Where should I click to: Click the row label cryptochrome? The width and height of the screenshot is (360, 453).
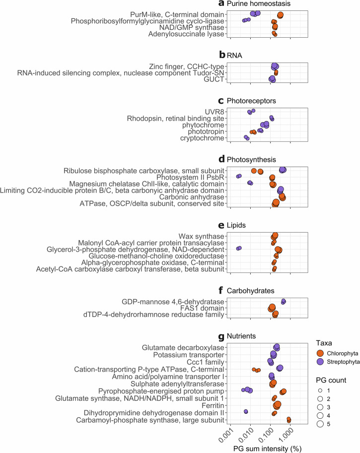click(201, 138)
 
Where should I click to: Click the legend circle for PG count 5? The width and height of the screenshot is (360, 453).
click(320, 423)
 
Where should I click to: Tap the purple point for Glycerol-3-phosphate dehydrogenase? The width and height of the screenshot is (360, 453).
click(239, 248)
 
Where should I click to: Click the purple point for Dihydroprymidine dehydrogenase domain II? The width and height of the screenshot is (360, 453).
click(246, 398)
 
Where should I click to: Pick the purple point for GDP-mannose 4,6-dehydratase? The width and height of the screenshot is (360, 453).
click(284, 301)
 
